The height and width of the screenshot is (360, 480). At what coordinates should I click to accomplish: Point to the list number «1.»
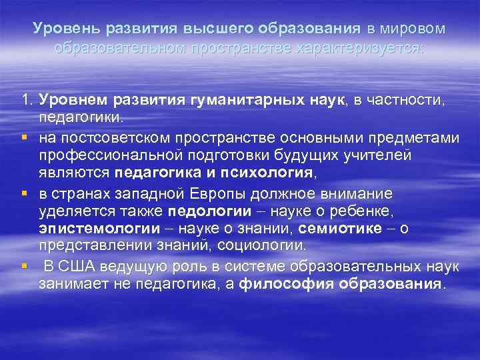pos(27,101)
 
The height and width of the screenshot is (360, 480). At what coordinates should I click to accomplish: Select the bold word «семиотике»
pos(335,229)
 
